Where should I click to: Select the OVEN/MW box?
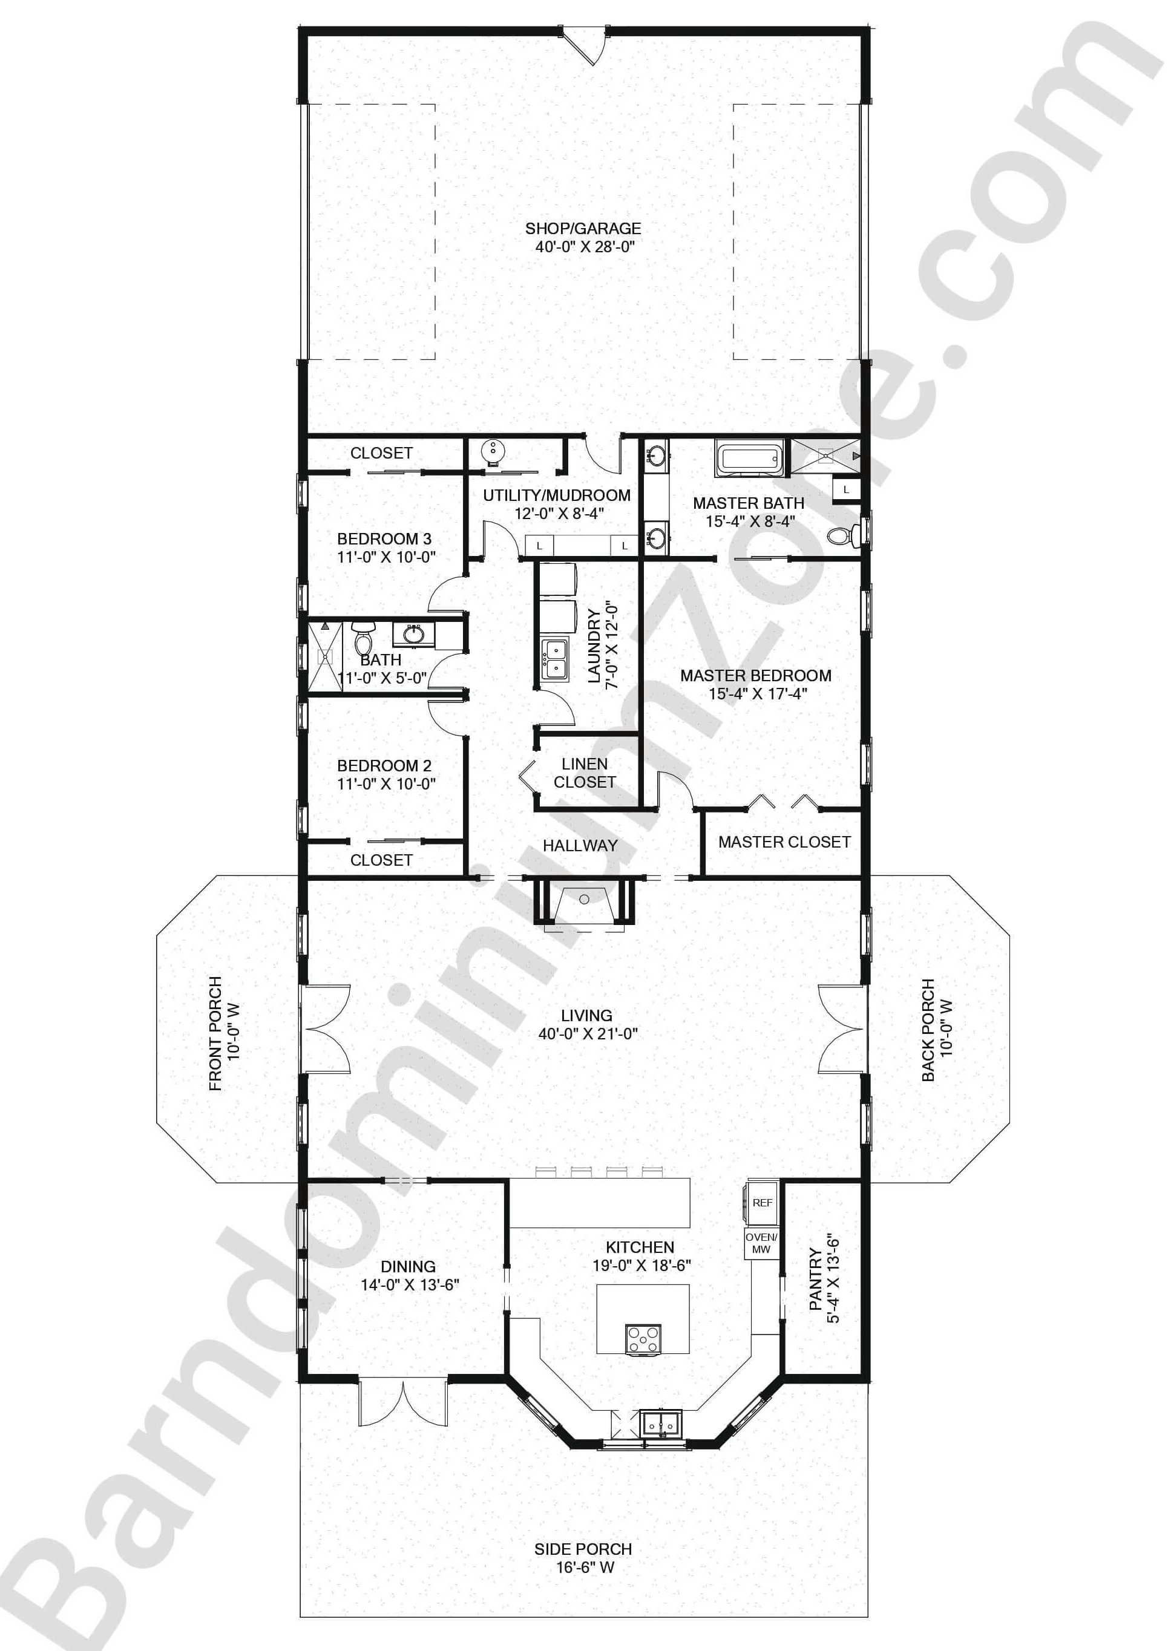click(761, 1243)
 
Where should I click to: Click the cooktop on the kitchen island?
click(642, 1339)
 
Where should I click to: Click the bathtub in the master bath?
click(749, 458)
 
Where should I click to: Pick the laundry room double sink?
click(554, 658)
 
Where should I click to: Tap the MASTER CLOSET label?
click(784, 842)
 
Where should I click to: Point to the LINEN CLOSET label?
click(584, 773)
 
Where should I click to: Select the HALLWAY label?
click(580, 846)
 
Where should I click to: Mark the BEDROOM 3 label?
click(385, 548)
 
